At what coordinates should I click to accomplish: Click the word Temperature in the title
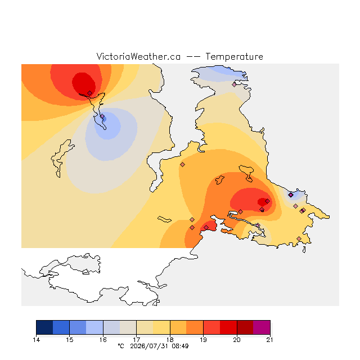[234, 56]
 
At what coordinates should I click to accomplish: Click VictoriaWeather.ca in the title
[138, 56]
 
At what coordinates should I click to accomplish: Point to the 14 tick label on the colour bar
[36, 340]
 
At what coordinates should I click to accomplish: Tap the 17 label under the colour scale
[136, 340]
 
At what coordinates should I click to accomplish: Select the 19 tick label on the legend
[203, 340]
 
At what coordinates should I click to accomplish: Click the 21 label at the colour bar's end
[270, 340]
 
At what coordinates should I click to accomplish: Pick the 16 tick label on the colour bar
[103, 340]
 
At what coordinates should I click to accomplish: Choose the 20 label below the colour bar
[237, 340]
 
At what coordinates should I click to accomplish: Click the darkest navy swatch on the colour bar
[44, 327]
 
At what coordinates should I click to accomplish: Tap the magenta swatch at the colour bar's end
[262, 327]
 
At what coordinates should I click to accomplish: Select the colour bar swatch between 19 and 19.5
[211, 327]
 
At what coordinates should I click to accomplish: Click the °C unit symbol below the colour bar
[121, 346]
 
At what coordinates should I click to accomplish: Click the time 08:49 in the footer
[180, 346]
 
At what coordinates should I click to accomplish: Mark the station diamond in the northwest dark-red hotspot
[90, 93]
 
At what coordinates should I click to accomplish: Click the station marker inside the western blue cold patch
[102, 116]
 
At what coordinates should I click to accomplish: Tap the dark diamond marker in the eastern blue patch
[291, 195]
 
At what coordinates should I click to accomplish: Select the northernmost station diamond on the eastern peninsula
[234, 84]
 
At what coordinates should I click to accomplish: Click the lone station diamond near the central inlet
[182, 164]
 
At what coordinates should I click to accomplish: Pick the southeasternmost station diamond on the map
[299, 238]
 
